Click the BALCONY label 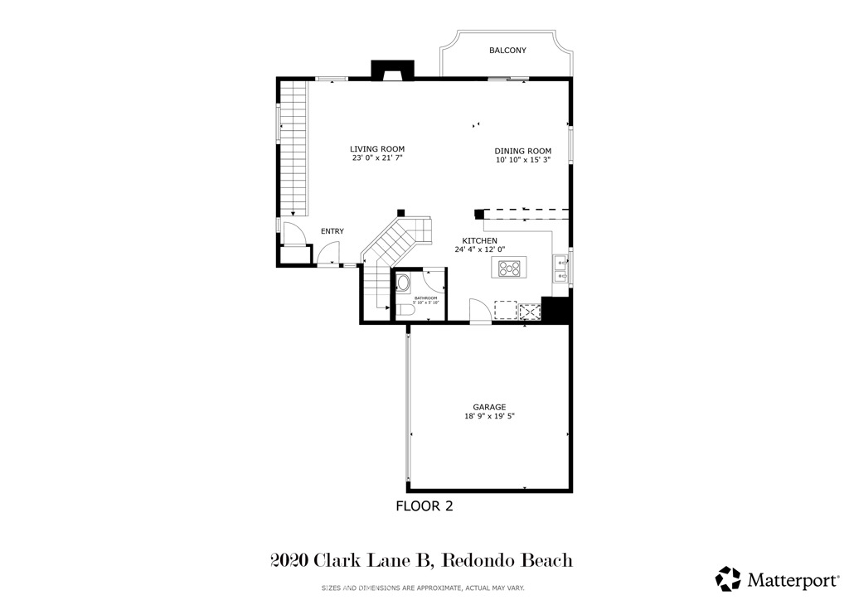pos(507,51)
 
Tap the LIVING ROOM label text pos(376,149)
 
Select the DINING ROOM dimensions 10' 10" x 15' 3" pos(523,160)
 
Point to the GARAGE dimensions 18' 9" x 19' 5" pos(490,417)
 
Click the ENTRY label pos(332,231)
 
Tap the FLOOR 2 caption pos(424,506)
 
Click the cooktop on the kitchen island pos(508,268)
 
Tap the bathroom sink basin pos(404,284)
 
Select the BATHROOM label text pos(426,298)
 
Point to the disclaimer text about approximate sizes pos(424,588)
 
